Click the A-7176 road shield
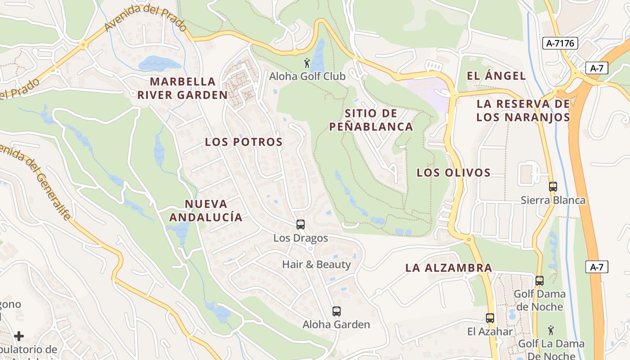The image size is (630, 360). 560,43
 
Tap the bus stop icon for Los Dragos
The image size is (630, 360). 301,224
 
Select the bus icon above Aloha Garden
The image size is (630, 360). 336,311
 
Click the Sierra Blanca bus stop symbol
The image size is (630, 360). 553,186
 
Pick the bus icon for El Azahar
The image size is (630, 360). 490,318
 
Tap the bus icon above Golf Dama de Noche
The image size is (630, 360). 539,281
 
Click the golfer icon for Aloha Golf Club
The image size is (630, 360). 307,63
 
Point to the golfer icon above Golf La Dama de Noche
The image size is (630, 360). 551,331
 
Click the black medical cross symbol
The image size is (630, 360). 19,336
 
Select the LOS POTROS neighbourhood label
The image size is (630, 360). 244,142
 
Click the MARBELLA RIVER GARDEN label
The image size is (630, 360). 183,88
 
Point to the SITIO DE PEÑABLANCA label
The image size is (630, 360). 371,120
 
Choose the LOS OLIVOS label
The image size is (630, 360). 454,173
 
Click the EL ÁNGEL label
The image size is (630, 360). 496,76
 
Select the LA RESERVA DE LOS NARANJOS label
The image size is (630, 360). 523,111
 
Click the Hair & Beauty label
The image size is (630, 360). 316,265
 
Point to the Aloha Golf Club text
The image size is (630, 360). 307,76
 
